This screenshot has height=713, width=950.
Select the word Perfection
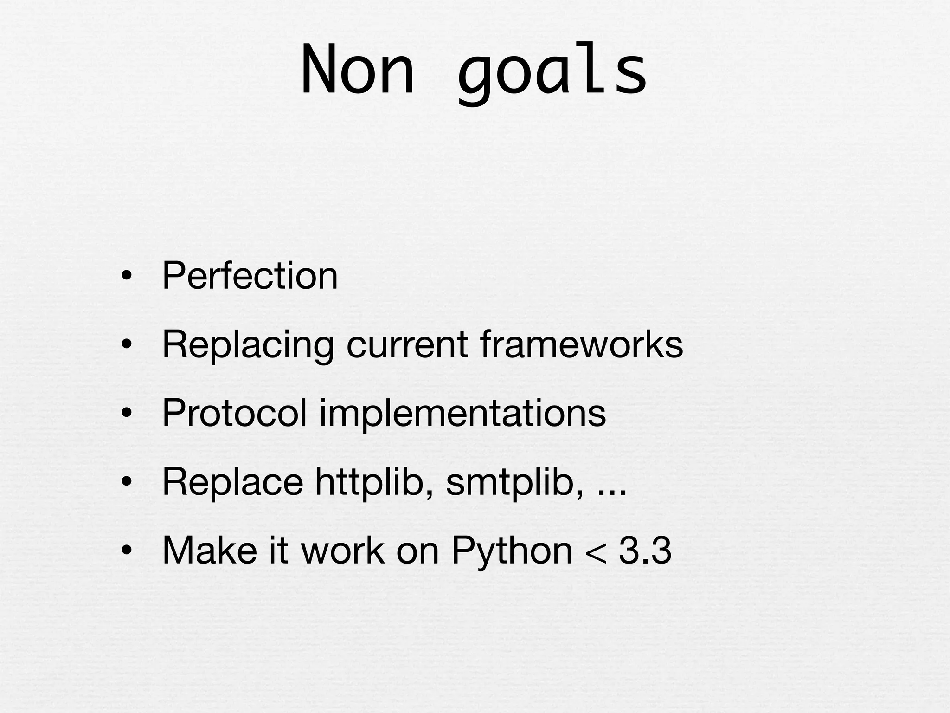250,276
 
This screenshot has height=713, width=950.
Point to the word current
407,344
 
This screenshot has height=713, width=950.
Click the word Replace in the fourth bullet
232,482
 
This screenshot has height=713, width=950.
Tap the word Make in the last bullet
210,551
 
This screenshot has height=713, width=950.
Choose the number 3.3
645,551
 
